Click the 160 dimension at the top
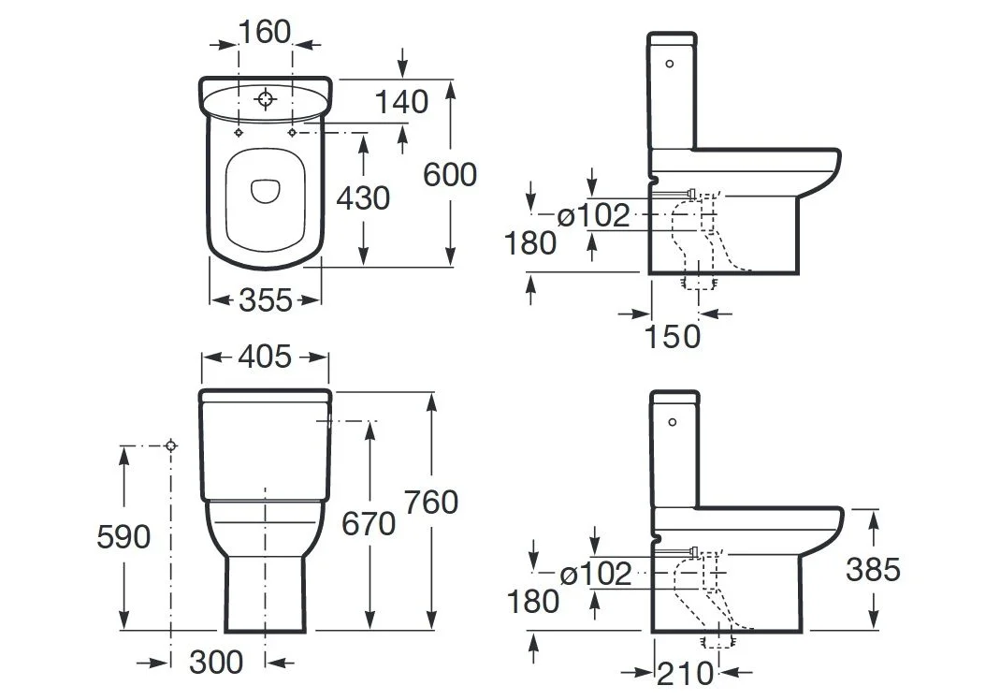[x=265, y=31]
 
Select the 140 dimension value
[x=401, y=102]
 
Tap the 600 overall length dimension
[x=450, y=175]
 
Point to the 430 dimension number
[x=363, y=198]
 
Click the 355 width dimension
[x=266, y=299]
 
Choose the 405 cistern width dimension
[x=265, y=356]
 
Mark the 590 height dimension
[x=123, y=536]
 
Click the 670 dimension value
[x=369, y=524]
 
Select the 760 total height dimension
[x=431, y=503]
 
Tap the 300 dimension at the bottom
[x=216, y=663]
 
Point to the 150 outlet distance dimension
[x=673, y=336]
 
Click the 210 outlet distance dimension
[x=685, y=674]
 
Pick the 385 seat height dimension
[x=873, y=570]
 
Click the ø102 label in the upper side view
[x=593, y=215]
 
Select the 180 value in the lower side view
[x=533, y=602]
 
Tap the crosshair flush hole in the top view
[x=265, y=99]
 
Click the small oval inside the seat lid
[x=265, y=191]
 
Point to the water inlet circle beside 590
[x=170, y=445]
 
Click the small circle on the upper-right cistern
[x=670, y=64]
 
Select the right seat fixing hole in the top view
[x=293, y=132]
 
